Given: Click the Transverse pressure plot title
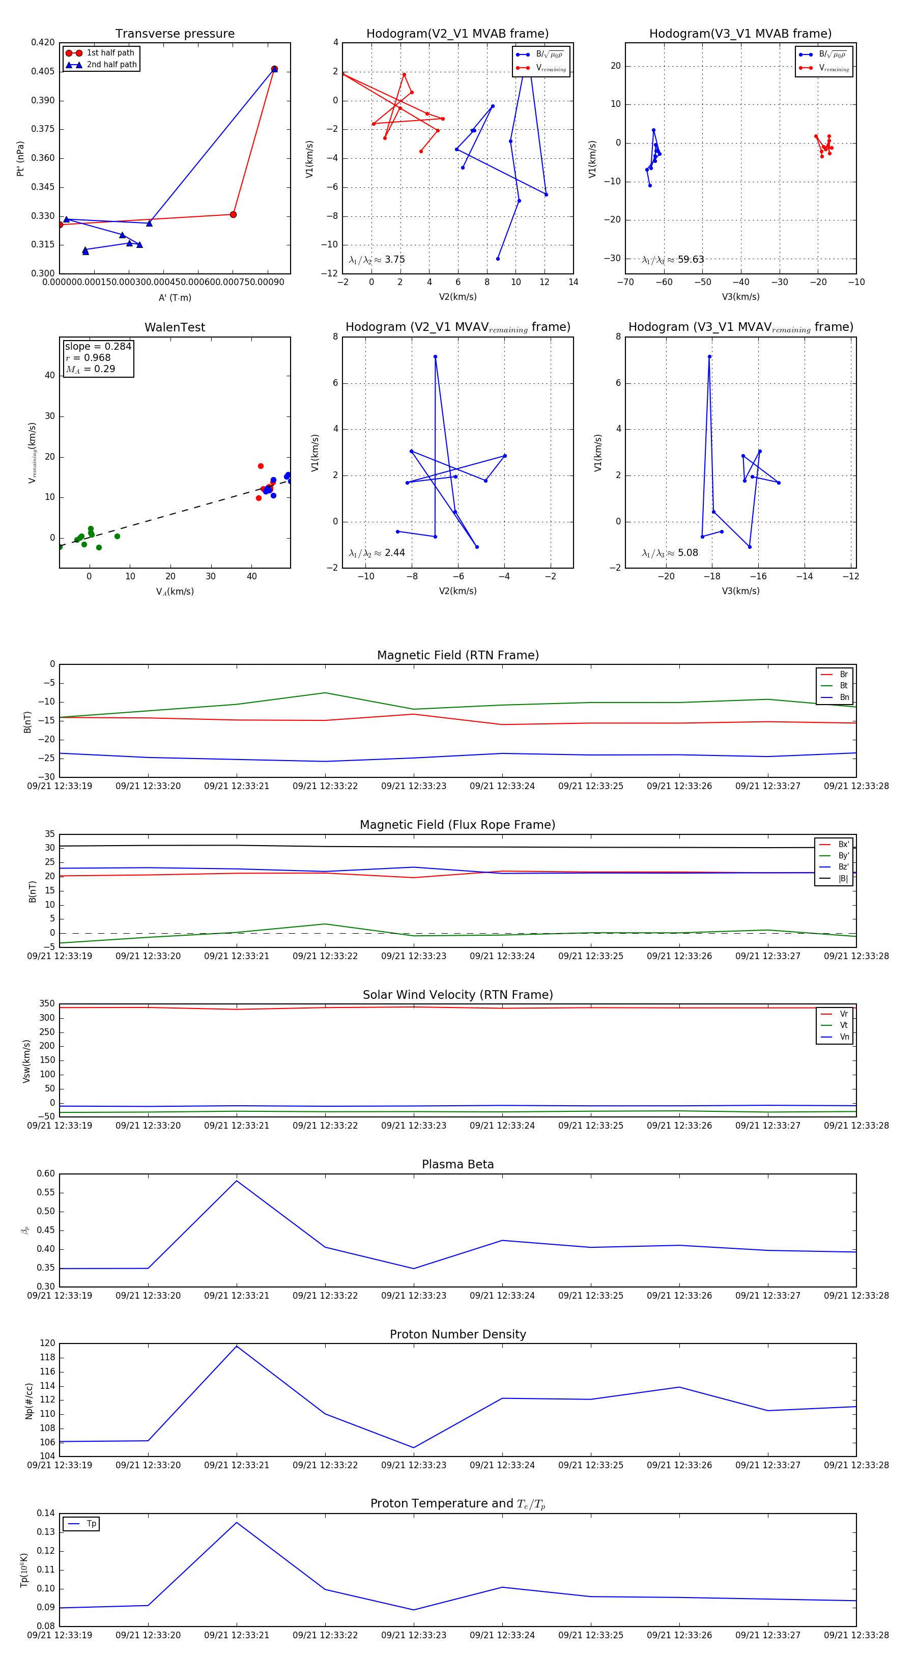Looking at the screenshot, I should point(175,34).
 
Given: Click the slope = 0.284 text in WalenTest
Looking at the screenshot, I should point(98,346).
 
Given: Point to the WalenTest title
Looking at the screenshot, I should point(175,327).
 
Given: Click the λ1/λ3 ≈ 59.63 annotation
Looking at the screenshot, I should point(673,260).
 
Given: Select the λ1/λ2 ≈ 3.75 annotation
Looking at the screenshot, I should point(377,260).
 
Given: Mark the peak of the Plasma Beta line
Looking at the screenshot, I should point(237,1181).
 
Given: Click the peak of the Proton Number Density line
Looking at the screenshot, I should point(237,1346).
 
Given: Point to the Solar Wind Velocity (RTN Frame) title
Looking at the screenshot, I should point(457,995).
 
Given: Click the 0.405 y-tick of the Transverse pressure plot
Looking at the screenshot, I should point(43,71).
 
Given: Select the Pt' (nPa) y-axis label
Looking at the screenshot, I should point(20,158).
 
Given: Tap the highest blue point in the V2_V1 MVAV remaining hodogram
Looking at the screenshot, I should point(435,357).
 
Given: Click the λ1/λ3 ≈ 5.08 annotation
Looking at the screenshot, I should point(670,553).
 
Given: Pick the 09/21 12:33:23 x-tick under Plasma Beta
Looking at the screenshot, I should point(413,1295).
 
